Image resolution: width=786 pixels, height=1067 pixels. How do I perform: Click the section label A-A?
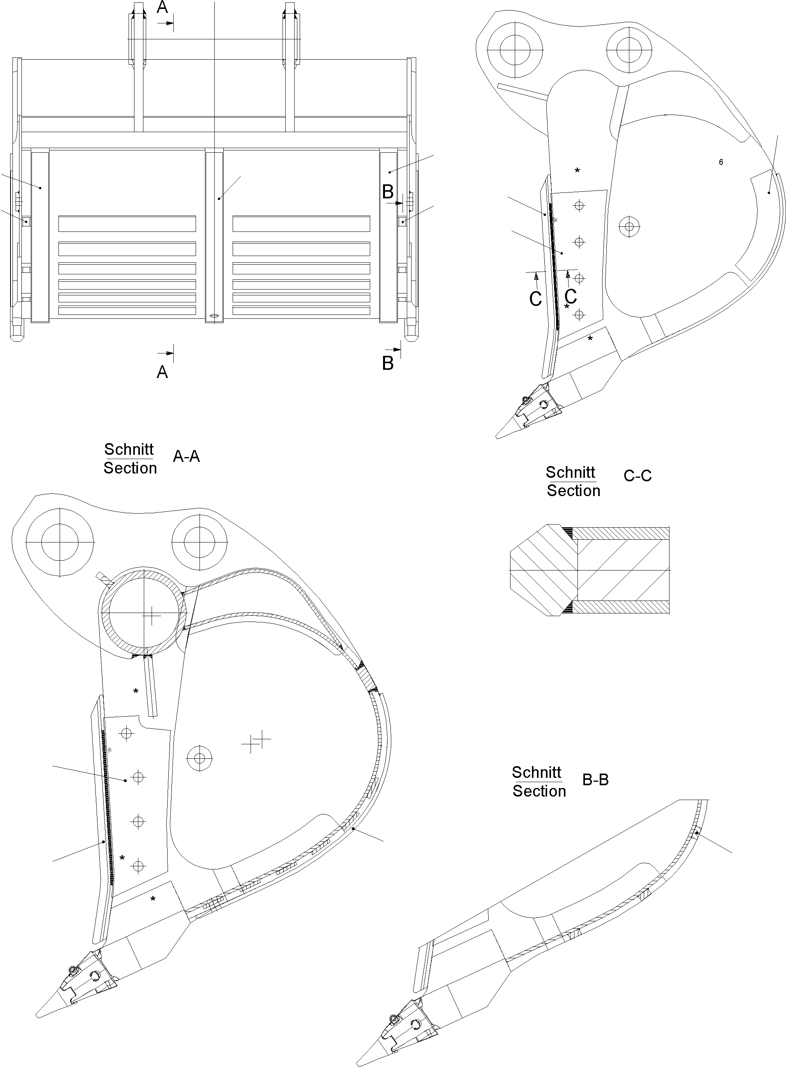186,457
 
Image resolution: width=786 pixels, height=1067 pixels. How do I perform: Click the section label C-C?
637,476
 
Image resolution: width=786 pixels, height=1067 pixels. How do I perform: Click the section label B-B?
595,780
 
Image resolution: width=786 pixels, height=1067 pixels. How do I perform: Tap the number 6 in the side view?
721,163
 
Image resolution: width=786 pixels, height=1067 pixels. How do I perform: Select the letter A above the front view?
162,8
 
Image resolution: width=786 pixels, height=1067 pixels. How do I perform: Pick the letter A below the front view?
162,372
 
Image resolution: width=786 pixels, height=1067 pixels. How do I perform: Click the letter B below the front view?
388,364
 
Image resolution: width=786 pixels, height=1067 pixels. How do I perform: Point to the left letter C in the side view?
536,299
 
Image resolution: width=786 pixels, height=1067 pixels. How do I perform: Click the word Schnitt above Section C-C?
570,472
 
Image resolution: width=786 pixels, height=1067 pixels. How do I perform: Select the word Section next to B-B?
539,791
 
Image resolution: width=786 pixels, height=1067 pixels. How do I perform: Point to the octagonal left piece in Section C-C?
542,570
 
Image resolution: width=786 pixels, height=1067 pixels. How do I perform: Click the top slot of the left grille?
127,224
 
